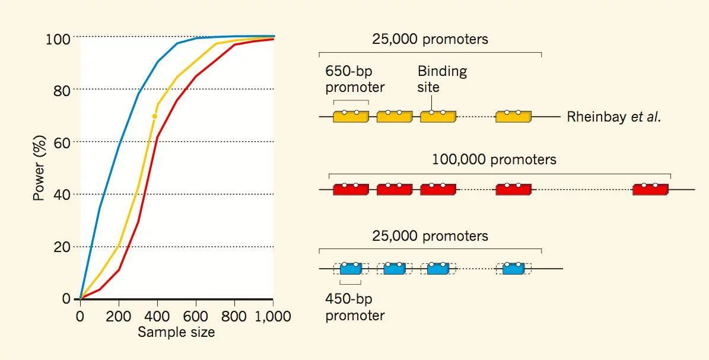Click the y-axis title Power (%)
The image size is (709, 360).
39,168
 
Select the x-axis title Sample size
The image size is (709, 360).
176,332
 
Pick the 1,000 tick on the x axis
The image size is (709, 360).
273,316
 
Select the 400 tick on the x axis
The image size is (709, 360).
157,316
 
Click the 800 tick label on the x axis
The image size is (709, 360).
234,316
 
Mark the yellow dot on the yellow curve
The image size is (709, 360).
155,116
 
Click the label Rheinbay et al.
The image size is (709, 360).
613,117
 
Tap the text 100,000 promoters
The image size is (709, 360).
494,160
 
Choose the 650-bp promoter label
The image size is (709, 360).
355,79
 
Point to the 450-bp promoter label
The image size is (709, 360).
355,307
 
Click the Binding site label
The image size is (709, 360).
442,79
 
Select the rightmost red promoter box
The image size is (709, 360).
650,190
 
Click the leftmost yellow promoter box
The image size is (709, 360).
351,117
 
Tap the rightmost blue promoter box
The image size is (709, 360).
513,269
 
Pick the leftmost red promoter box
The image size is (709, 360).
351,190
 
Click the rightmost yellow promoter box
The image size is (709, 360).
513,117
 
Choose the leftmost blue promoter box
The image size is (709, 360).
351,269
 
